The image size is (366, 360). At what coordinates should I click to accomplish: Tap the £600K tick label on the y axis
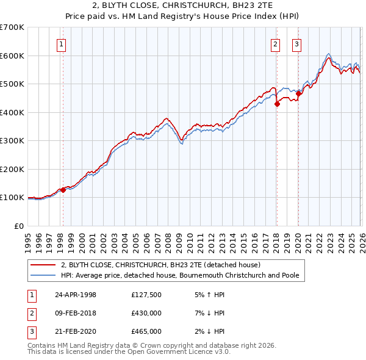(x=12, y=56)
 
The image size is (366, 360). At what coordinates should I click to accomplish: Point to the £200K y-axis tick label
(x=12, y=169)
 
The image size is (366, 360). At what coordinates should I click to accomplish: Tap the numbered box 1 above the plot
(x=62, y=44)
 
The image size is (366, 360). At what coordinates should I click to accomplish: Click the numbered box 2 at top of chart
(x=276, y=44)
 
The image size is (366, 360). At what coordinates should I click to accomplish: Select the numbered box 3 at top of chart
(x=297, y=44)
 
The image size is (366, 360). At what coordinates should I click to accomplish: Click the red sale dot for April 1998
(x=63, y=190)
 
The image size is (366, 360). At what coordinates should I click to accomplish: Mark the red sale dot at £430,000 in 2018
(x=276, y=104)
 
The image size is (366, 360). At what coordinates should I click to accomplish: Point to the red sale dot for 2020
(x=298, y=94)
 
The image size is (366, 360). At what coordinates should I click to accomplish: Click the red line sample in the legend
(x=44, y=265)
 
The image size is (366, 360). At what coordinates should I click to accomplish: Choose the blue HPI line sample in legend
(x=44, y=275)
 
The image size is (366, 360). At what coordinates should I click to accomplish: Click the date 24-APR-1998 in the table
(x=76, y=295)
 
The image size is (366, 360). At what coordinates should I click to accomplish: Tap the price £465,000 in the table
(x=146, y=331)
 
